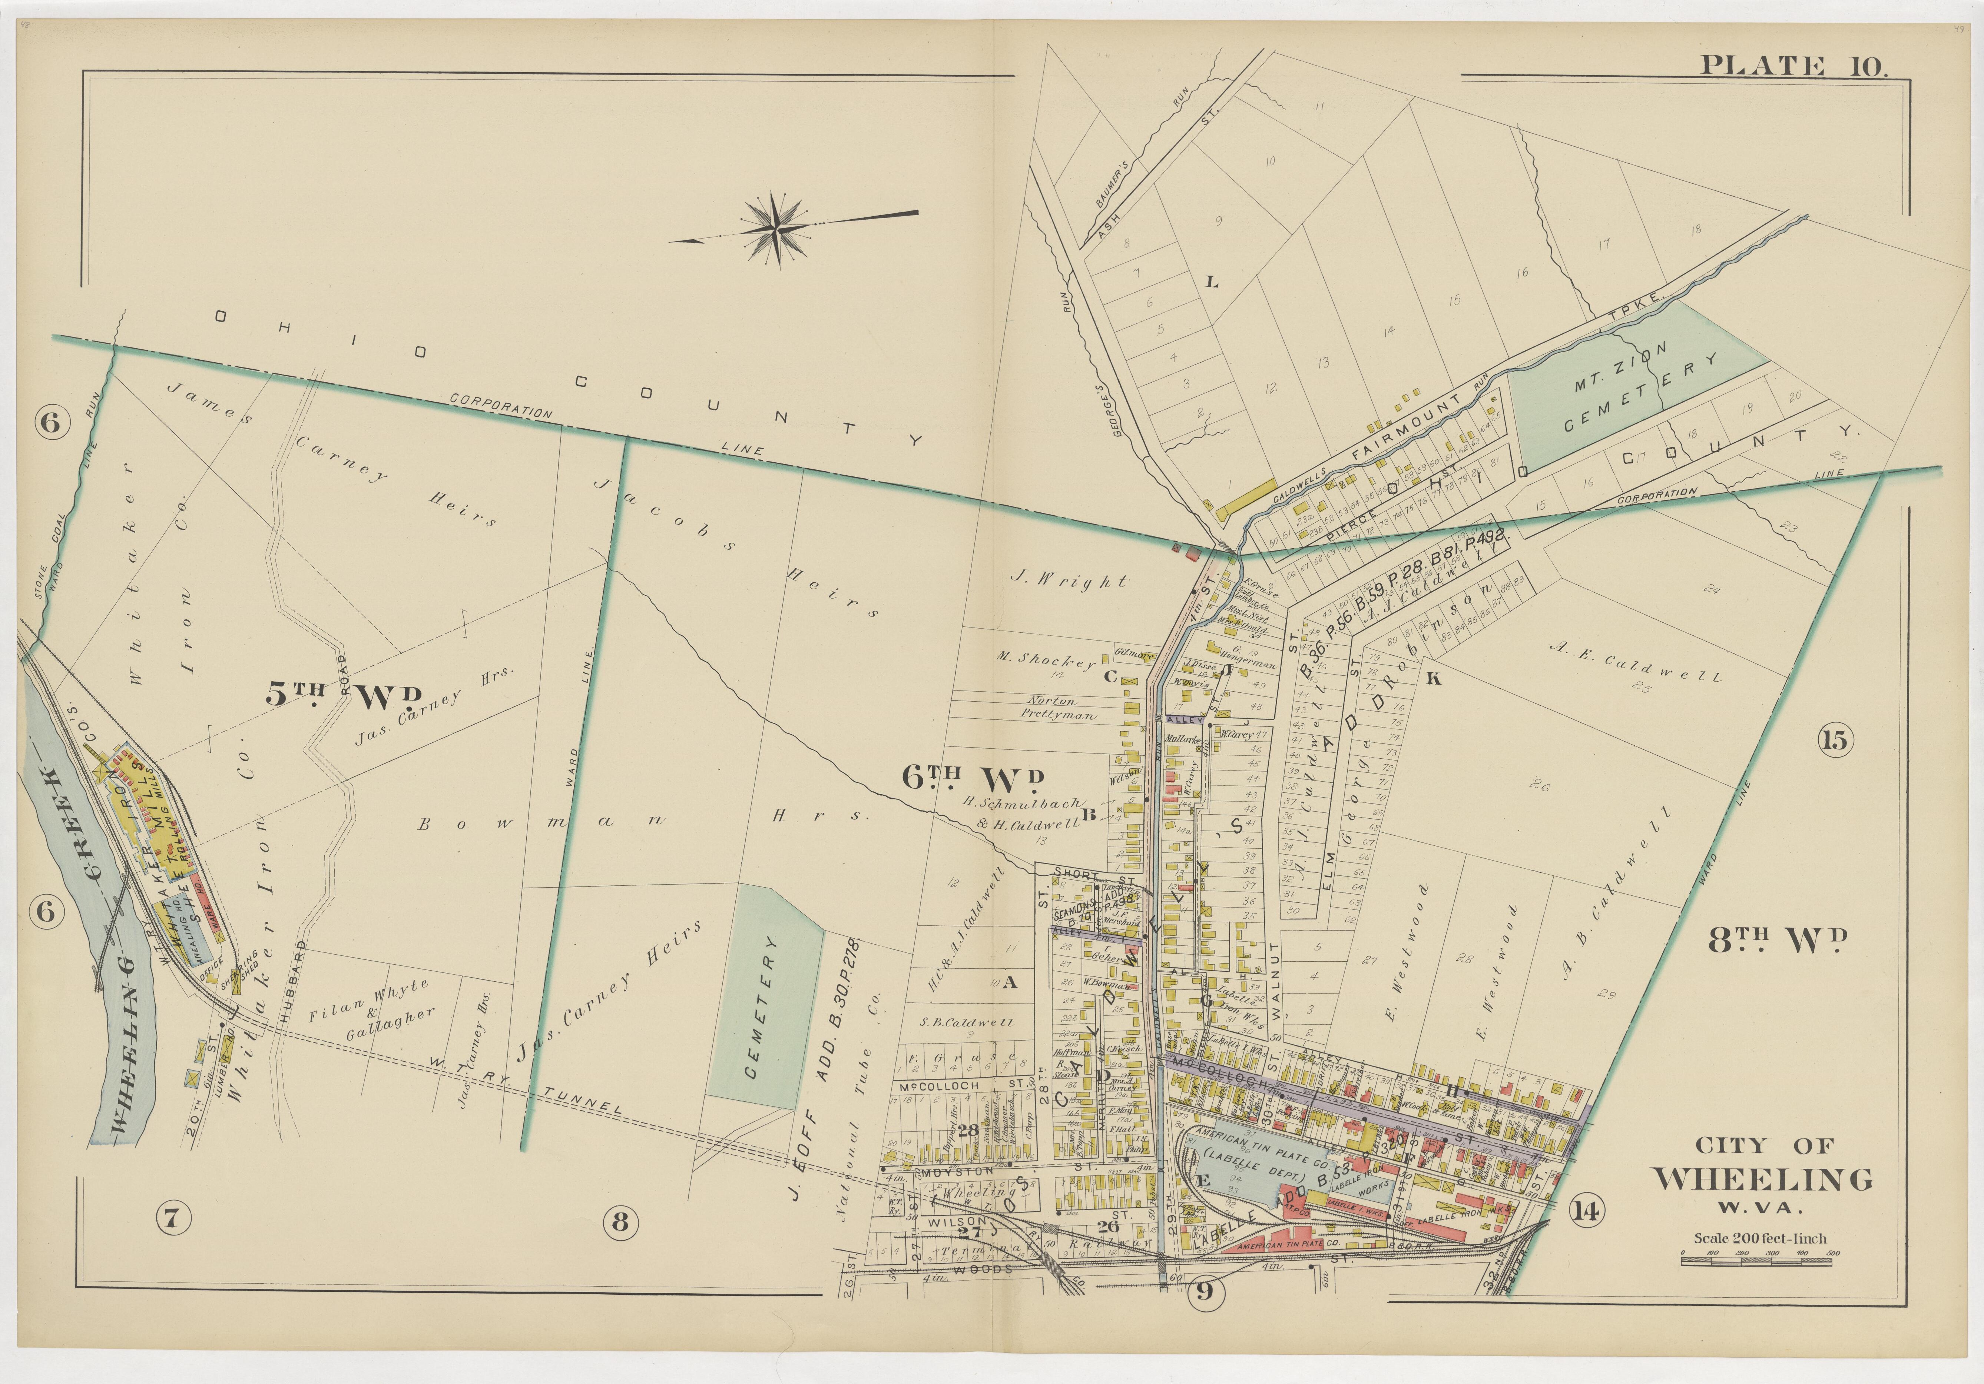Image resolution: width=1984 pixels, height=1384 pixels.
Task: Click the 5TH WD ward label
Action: tap(344, 695)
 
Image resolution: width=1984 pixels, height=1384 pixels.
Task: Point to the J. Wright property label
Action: tap(1069, 581)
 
